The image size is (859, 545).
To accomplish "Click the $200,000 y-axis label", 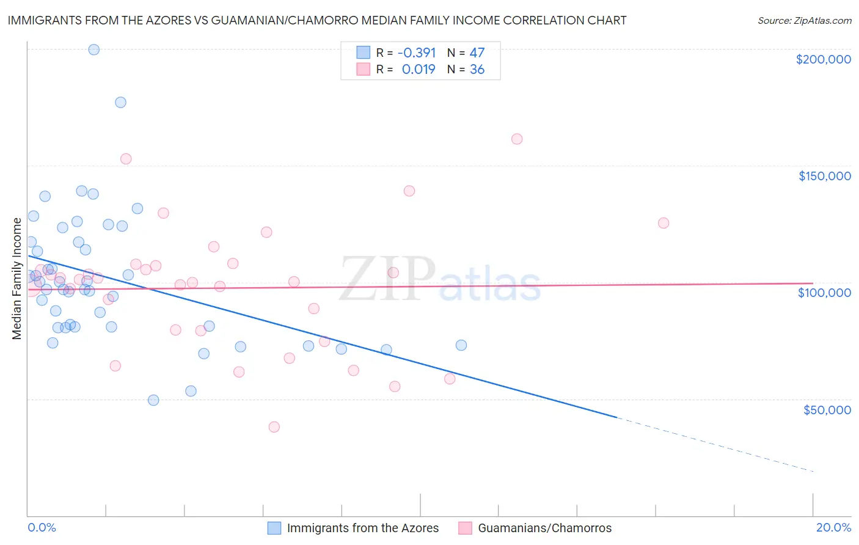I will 823,59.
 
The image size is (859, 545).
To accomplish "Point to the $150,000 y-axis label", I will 824,176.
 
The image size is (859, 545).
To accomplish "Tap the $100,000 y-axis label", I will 824,293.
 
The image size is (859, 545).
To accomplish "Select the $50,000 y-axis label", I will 827,409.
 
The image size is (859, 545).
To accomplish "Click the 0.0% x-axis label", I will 42,527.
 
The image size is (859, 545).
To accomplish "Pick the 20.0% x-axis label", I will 833,527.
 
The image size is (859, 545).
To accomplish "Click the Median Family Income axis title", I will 17,279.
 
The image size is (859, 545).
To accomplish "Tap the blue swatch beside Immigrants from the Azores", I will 274,528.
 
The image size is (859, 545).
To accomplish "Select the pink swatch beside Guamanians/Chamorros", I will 466,528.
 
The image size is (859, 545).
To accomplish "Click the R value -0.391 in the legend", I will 416,53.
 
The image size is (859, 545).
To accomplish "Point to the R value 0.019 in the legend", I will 419,69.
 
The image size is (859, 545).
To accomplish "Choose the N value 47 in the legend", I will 477,53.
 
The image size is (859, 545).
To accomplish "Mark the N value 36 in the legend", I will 477,69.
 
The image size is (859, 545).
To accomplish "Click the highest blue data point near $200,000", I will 94,49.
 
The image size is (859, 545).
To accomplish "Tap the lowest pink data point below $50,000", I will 274,427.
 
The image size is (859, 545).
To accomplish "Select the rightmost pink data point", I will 663,223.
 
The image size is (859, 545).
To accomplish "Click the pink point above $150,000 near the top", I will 517,139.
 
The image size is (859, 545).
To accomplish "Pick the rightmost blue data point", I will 461,345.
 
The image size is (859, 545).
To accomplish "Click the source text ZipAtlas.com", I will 805,21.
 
